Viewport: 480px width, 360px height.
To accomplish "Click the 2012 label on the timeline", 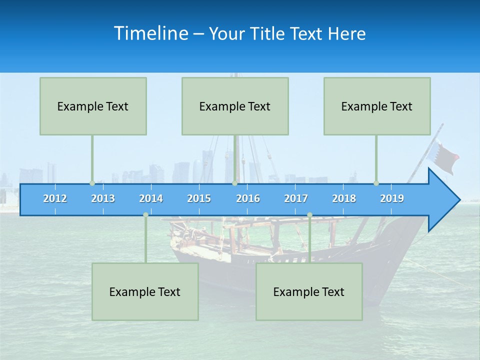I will click(55, 198).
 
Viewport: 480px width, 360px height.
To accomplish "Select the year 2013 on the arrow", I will click(103, 198).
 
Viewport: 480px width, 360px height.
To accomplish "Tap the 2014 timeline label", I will click(151, 198).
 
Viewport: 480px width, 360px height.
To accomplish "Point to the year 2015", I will click(199, 198).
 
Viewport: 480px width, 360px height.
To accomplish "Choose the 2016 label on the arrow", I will click(248, 198).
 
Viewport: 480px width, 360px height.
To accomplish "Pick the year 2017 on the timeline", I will click(296, 198).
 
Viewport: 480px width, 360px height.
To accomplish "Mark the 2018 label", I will click(344, 198).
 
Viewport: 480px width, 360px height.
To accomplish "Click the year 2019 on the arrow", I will click(392, 198).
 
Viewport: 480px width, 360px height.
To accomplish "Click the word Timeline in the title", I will click(150, 33).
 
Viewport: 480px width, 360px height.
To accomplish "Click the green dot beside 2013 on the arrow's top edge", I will click(92, 183).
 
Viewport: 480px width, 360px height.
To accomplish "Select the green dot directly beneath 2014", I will click(145, 215).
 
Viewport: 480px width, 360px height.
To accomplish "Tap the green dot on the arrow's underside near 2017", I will click(309, 215).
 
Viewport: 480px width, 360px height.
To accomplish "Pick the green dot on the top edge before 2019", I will click(376, 183).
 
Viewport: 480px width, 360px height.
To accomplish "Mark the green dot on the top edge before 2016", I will click(234, 183).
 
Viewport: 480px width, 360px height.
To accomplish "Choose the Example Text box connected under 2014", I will click(145, 291).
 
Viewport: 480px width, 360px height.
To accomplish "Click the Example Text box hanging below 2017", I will click(309, 291).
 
